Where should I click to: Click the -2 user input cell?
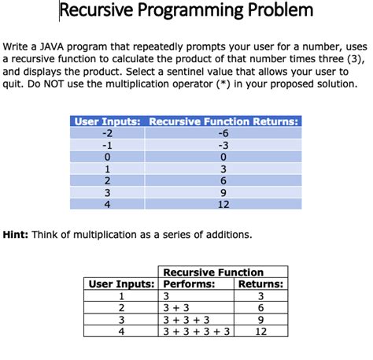[107, 132]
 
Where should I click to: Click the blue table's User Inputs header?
[107, 121]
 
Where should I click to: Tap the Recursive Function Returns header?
[223, 121]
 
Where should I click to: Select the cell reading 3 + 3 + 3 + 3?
[196, 332]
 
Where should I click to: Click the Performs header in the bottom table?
[189, 284]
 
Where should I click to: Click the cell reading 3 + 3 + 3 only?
[186, 320]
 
